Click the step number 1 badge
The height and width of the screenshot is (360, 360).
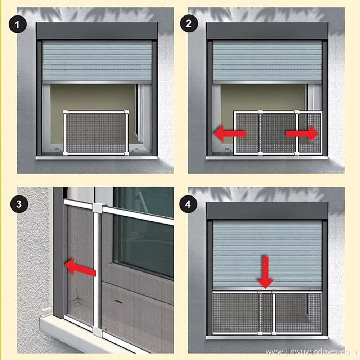coord(17,24)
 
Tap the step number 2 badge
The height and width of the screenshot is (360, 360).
coord(189,23)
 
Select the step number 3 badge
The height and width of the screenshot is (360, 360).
coord(19,204)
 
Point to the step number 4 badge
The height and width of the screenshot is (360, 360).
coord(188,204)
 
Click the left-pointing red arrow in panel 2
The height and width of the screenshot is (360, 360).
coord(230,134)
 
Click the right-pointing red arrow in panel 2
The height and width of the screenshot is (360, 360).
coord(302,134)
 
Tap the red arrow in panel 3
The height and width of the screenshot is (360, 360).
coord(80,267)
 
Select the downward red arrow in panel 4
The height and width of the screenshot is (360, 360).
coord(265,272)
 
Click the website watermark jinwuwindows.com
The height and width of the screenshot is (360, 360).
coord(311,352)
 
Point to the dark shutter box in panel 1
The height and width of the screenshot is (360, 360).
coord(97,31)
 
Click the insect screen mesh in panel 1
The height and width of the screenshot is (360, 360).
coord(95,133)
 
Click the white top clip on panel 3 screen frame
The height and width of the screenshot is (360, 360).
coord(99,208)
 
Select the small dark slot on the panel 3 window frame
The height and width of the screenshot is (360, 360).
coord(118,301)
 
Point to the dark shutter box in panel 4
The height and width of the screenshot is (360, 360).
coord(267,211)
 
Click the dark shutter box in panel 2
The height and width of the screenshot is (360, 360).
coord(267,31)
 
